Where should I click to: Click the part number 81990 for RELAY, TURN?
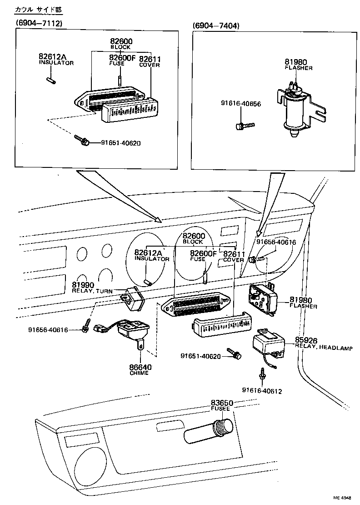coord(83,285)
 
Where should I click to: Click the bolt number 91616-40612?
coord(262,390)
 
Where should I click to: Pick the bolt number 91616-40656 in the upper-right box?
coord(241,104)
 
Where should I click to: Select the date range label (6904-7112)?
coord(39,23)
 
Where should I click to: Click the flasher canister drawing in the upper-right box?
coord(294,109)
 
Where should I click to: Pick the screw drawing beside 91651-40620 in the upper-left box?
coord(82,140)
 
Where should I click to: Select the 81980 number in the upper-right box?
coord(296,61)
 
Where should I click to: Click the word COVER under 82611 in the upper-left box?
coord(150,65)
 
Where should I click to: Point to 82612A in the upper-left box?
coord(52,57)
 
